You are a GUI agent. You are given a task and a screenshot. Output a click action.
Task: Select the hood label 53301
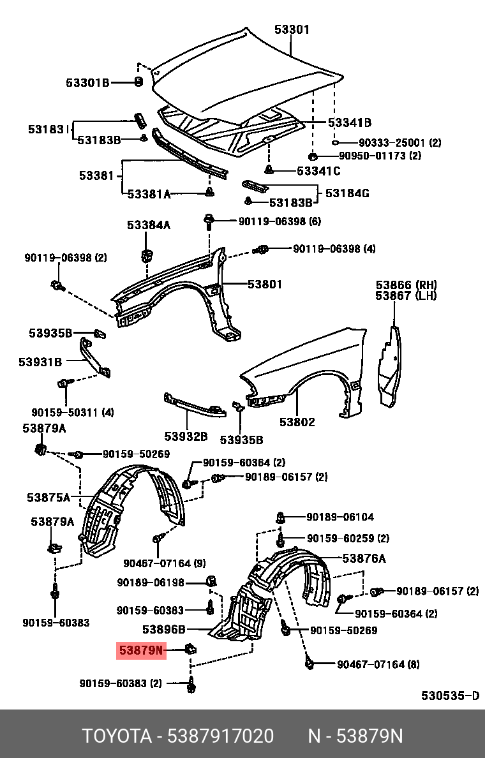click(292, 29)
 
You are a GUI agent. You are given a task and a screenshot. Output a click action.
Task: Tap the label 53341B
click(349, 123)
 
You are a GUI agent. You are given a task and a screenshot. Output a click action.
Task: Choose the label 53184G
click(347, 193)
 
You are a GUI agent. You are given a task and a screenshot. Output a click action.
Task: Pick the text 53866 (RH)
click(406, 285)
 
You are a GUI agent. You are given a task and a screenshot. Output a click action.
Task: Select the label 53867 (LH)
click(406, 295)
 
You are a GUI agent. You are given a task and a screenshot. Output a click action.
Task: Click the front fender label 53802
click(297, 422)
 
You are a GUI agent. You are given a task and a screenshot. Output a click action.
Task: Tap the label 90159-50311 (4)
click(73, 412)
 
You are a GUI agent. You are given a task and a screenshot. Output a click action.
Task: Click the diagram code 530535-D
click(449, 695)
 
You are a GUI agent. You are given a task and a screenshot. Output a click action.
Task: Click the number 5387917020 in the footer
click(220, 736)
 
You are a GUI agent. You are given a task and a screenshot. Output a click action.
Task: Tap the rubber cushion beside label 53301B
click(137, 81)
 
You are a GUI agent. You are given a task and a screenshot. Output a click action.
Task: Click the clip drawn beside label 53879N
click(190, 650)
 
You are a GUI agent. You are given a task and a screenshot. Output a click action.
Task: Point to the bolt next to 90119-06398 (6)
click(209, 221)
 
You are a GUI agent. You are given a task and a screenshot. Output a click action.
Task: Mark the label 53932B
click(186, 436)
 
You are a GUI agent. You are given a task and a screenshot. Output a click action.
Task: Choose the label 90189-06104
click(339, 517)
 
